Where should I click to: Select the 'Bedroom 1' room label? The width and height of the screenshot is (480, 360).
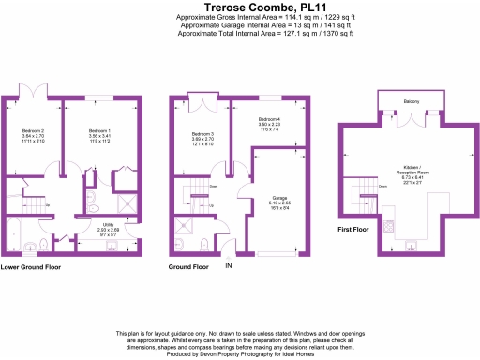point(100,131)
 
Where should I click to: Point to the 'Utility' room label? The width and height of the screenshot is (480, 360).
point(110,226)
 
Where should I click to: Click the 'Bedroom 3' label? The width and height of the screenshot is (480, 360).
point(202,135)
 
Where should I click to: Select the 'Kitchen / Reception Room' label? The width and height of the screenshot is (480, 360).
point(412,175)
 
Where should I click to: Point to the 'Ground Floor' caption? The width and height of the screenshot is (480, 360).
point(187,267)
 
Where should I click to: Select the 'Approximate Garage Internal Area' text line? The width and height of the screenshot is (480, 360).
point(239,24)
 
